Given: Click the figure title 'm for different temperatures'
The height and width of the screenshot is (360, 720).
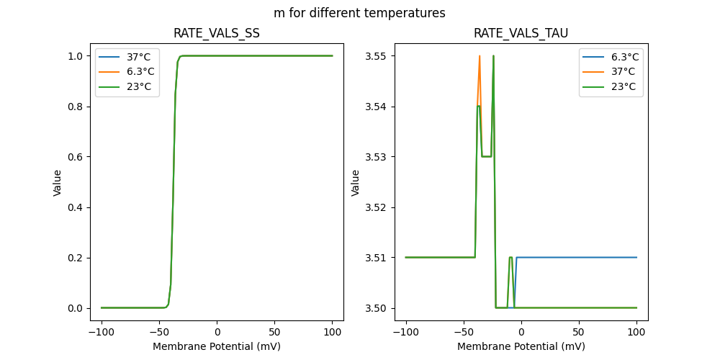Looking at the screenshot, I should click(x=359, y=13).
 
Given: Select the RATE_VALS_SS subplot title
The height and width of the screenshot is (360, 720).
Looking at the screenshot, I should click(x=217, y=33).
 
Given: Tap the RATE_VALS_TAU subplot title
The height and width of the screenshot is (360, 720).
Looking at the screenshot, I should click(x=521, y=33).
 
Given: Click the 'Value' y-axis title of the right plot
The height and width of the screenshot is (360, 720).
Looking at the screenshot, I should click(x=356, y=183).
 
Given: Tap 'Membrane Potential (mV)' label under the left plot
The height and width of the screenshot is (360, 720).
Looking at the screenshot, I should click(x=217, y=346).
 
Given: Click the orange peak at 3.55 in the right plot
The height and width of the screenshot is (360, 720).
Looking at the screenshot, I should click(x=480, y=57).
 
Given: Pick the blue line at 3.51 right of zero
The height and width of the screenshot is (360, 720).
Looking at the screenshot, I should click(x=576, y=257).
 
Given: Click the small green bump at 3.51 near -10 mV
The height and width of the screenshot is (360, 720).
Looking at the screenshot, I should click(x=510, y=258).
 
